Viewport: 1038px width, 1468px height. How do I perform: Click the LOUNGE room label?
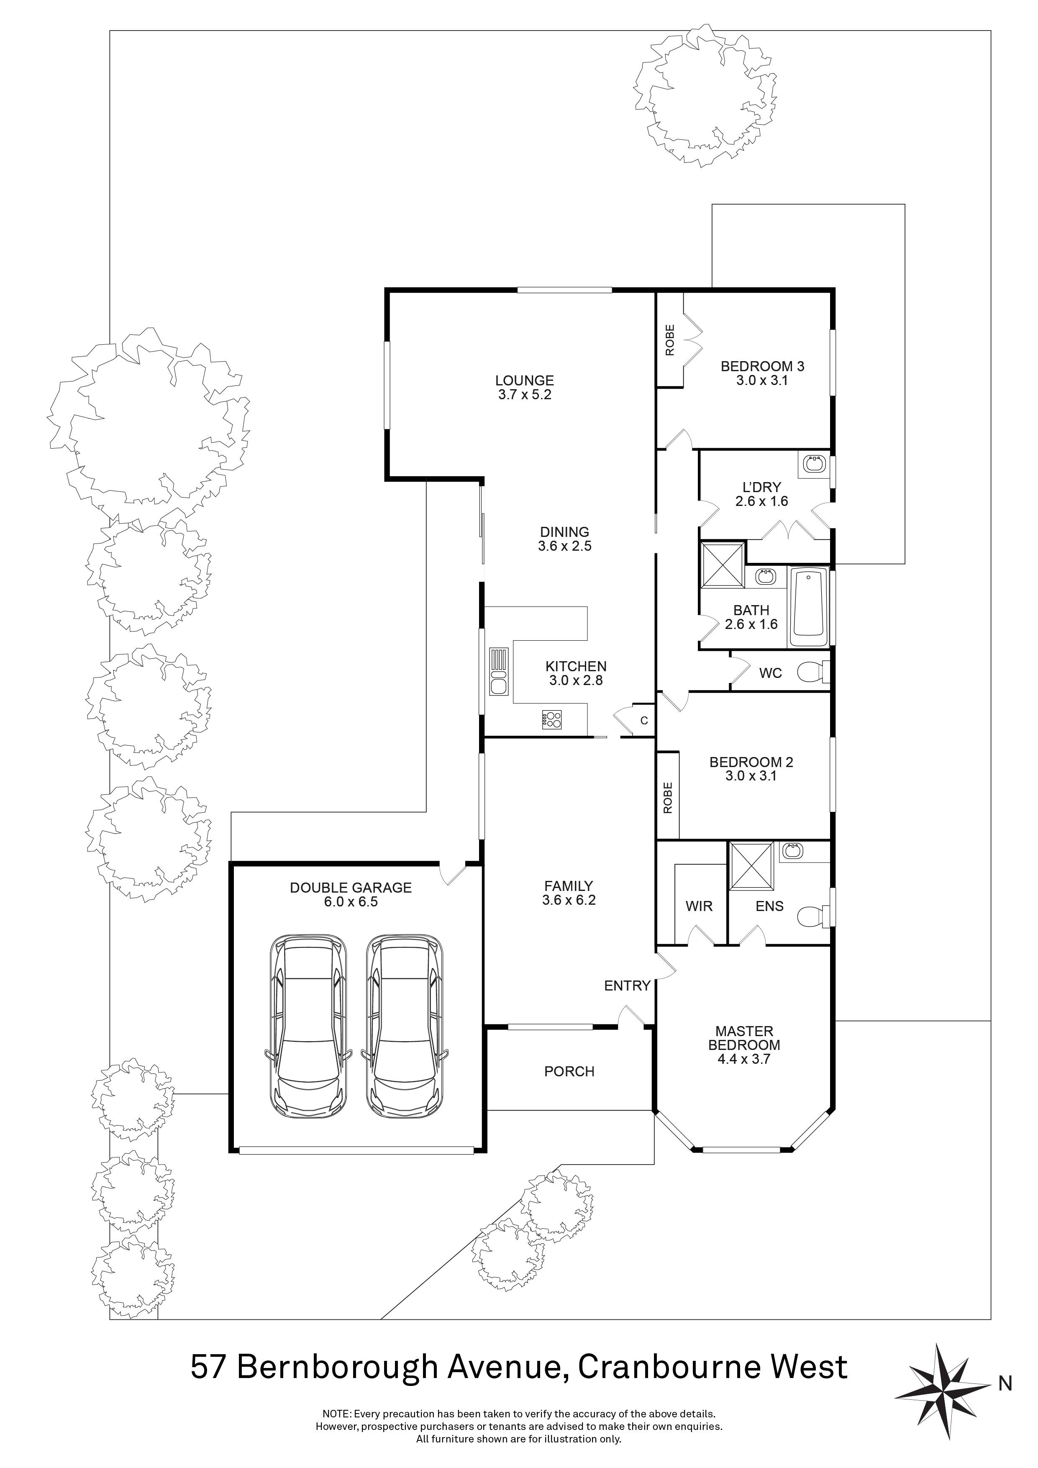524,380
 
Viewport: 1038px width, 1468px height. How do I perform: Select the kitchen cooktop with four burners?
551,719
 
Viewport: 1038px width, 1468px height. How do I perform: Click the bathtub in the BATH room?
809,607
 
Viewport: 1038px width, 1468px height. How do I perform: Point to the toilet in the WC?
813,672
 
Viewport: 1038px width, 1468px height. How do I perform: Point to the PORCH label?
569,1071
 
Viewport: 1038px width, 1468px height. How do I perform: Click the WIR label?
699,906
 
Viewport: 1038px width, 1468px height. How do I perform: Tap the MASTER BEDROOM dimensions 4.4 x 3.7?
744,1059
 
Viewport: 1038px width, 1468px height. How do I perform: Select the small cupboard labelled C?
643,721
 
